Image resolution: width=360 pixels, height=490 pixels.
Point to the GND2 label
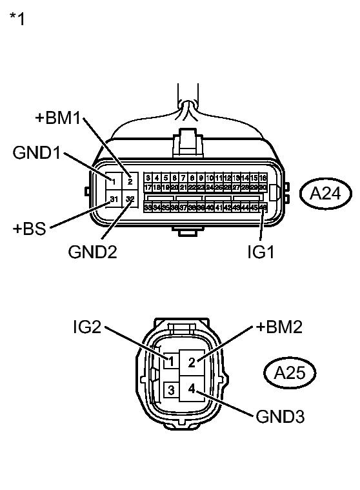tap(92, 251)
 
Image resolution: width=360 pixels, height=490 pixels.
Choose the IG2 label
tap(86, 328)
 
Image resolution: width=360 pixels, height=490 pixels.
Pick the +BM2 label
tap(279, 328)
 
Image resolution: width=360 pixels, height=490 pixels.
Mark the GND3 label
tap(279, 417)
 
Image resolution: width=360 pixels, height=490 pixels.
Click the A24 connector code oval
tap(325, 193)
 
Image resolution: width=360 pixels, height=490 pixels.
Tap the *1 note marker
tap(17, 19)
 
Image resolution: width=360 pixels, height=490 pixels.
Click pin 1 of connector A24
tap(114, 181)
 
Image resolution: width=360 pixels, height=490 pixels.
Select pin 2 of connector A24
tap(130, 181)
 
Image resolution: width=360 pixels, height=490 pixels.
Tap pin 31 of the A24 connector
tap(114, 199)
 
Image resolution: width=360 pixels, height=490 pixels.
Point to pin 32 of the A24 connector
tap(130, 199)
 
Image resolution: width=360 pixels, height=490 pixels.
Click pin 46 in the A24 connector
tap(263, 207)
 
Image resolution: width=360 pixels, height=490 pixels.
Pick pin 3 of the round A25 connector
tap(172, 390)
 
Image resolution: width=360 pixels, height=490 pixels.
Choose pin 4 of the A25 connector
tap(192, 389)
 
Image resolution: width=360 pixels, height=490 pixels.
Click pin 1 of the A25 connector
tap(171, 362)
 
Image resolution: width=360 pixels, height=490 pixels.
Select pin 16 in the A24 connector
tap(263, 178)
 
